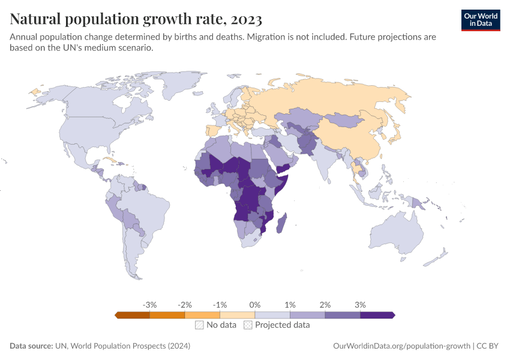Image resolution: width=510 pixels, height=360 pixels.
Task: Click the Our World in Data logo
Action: (480, 19)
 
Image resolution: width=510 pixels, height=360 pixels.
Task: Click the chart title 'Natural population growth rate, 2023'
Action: (136, 20)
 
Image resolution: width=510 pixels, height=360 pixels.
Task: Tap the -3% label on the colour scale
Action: (149, 305)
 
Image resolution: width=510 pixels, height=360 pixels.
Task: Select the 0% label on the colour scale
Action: (255, 305)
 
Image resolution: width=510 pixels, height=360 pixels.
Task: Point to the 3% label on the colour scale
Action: (360, 305)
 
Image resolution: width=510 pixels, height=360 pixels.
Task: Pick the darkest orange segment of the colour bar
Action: (133, 315)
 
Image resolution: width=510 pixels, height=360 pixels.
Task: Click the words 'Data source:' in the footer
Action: (31, 346)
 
